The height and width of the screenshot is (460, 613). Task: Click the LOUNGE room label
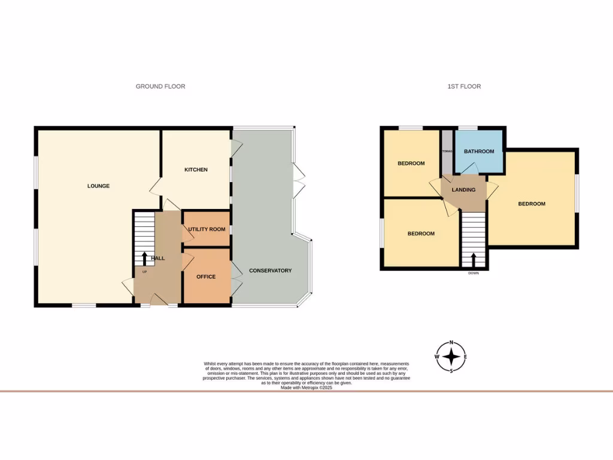point(98,186)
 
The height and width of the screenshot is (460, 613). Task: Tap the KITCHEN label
point(196,170)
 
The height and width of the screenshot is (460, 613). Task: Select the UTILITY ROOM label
point(207,229)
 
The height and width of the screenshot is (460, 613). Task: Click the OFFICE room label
point(206,277)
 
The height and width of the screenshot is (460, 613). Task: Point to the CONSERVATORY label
point(271,271)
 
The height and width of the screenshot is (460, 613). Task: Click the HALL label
point(158,258)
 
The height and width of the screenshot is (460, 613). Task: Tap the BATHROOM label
point(479,152)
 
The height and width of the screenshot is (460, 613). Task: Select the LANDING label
point(464,190)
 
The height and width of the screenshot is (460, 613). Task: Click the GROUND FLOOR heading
point(160,86)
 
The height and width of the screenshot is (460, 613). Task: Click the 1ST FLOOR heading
point(464,86)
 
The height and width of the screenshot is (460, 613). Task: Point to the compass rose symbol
point(451,357)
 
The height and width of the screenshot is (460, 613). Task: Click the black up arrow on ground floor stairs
point(144,258)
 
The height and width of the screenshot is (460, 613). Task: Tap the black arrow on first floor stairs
point(474,259)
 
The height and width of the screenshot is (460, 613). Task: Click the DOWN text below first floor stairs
point(474,273)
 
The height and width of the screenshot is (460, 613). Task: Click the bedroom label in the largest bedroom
point(532,204)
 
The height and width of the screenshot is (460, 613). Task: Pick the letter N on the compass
point(451,343)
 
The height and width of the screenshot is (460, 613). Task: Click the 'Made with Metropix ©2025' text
point(306,388)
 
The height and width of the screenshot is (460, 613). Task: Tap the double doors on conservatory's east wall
point(299,180)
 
